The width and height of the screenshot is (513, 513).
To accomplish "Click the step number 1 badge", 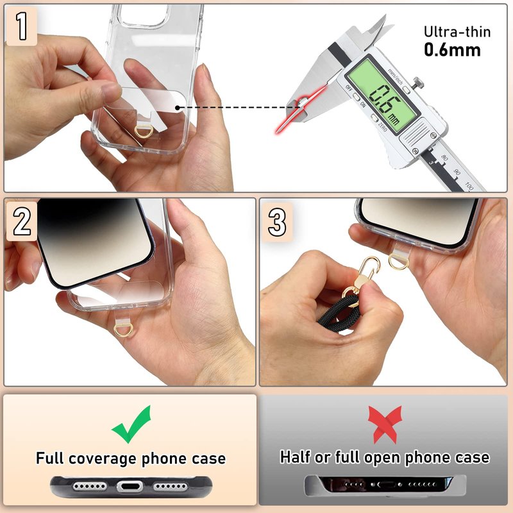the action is click(x=22, y=26).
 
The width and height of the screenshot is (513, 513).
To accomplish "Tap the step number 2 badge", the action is click(x=22, y=221).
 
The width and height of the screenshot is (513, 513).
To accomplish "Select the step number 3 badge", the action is click(x=277, y=222).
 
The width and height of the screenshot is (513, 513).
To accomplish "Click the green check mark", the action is click(x=131, y=425).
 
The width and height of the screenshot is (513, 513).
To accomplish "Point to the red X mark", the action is click(x=385, y=425).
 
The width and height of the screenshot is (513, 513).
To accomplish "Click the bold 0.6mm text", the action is click(x=453, y=50).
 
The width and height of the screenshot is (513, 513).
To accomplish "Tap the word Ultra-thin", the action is click(x=457, y=31).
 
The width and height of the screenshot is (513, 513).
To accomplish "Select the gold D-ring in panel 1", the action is click(x=144, y=131).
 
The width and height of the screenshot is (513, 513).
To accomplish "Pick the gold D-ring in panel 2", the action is click(x=123, y=330).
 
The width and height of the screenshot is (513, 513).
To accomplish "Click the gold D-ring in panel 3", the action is click(x=398, y=262).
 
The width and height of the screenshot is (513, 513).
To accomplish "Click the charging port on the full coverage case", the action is click(x=130, y=487).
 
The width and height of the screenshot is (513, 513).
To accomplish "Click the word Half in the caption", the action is click(x=295, y=457).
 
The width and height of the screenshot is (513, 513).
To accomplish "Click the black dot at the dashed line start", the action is click(x=178, y=108).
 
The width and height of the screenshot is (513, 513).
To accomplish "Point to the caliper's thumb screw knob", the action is click(x=418, y=82).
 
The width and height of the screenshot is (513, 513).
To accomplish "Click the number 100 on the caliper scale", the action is click(x=469, y=187).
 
